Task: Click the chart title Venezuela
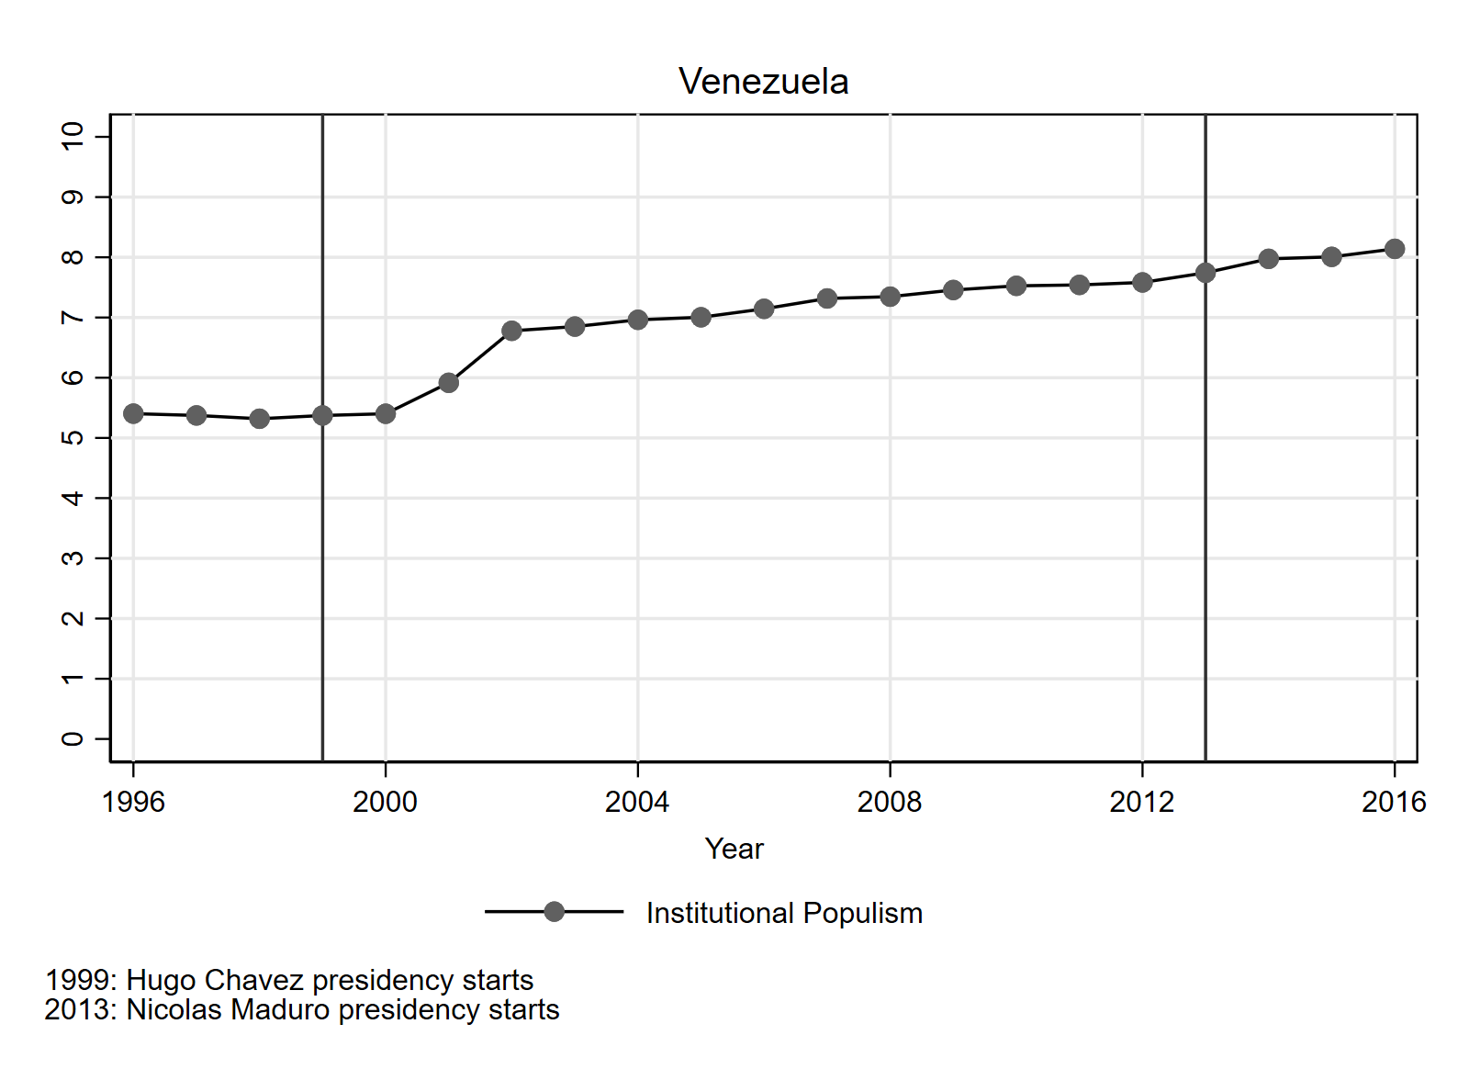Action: (x=763, y=82)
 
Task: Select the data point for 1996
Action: (x=133, y=413)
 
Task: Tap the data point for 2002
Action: (x=511, y=331)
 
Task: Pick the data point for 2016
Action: (x=1394, y=249)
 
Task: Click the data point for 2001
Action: (x=448, y=383)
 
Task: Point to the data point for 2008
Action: (x=890, y=297)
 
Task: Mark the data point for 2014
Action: (x=1268, y=259)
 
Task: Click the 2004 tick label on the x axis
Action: (x=637, y=802)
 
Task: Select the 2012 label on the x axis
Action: (x=1141, y=802)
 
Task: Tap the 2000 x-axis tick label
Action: (x=385, y=802)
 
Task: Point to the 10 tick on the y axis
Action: (x=73, y=136)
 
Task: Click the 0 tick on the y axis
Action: (x=73, y=738)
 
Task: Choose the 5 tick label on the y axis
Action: (x=73, y=437)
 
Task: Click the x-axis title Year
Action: (x=734, y=849)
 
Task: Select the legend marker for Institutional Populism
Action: (x=554, y=912)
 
